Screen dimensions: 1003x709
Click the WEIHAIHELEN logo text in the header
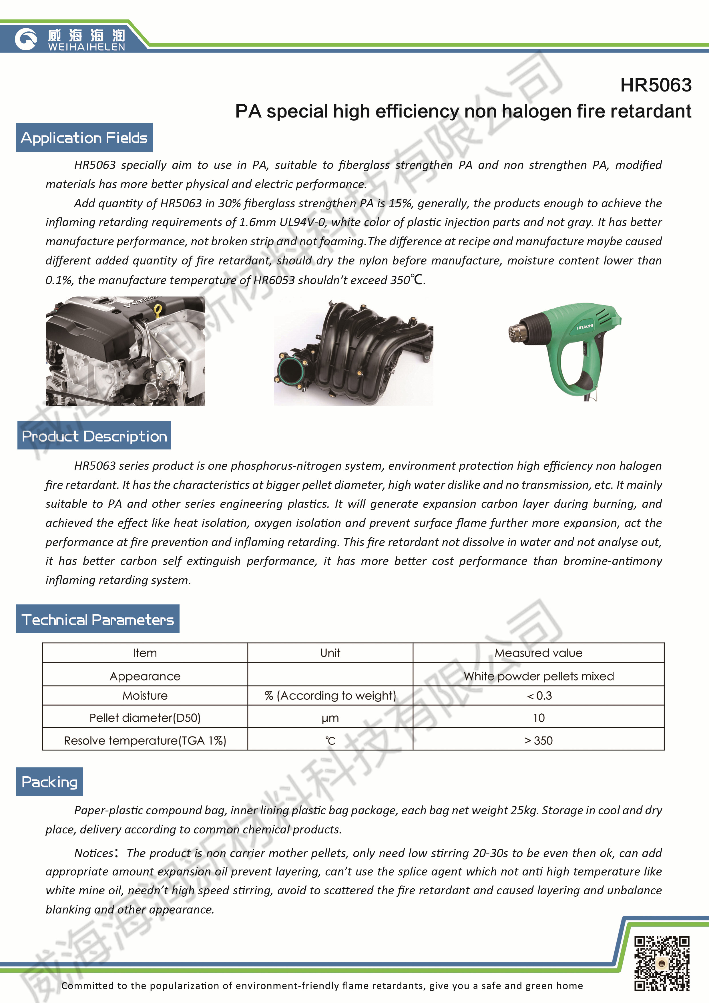pyautogui.click(x=87, y=47)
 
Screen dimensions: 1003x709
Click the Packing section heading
pyautogui.click(x=49, y=781)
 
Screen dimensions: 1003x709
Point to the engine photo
pyautogui.click(x=126, y=351)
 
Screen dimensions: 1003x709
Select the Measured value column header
pyautogui.click(x=538, y=653)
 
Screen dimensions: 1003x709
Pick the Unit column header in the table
pyautogui.click(x=330, y=653)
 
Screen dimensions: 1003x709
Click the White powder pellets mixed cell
pyautogui.click(x=538, y=676)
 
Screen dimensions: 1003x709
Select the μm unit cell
pyautogui.click(x=330, y=718)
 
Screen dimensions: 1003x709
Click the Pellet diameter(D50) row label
pyautogui.click(x=145, y=718)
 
